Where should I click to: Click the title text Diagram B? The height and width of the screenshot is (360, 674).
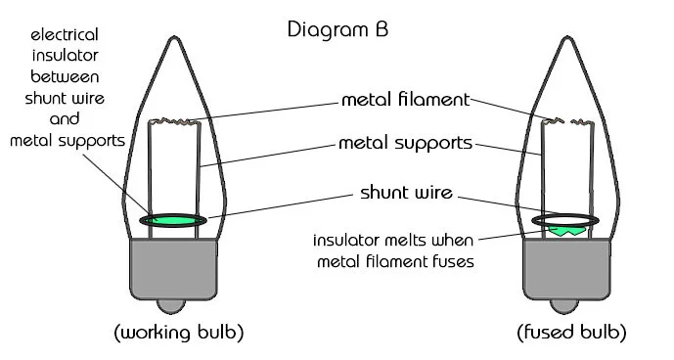pos(337,28)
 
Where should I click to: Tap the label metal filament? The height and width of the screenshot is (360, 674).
pos(405,100)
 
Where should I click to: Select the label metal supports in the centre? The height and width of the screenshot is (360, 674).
pos(405,143)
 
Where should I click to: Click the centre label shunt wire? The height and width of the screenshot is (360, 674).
pos(406,193)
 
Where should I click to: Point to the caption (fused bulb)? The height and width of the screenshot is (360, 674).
pos(572,333)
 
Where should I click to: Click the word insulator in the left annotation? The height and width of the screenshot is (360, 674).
pos(62,55)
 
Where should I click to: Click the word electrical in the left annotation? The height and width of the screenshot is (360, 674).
pos(62,34)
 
